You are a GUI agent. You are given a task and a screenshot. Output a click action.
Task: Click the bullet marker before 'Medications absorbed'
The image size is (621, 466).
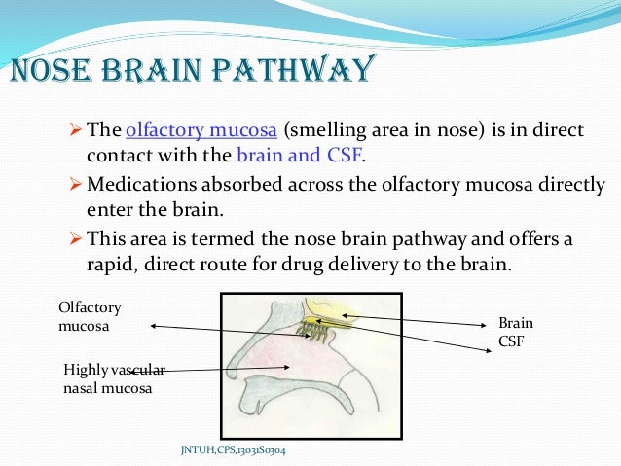pyautogui.click(x=79, y=184)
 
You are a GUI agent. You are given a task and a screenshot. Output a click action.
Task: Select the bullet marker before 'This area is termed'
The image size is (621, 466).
pyautogui.click(x=79, y=237)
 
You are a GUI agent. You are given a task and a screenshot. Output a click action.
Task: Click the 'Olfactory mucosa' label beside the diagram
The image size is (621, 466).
pyautogui.click(x=91, y=317)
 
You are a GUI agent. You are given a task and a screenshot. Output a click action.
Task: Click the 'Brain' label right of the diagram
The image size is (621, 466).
pyautogui.click(x=516, y=323)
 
